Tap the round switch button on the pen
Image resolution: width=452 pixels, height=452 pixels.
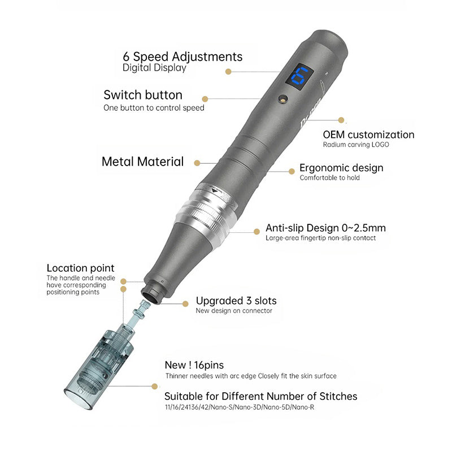(x=283, y=99)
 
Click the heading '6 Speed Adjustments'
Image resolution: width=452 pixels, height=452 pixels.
(x=182, y=57)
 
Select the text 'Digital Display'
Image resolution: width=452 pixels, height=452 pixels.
(x=154, y=68)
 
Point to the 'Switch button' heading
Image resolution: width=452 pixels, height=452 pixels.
(x=143, y=95)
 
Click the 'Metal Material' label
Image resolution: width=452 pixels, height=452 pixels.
(x=143, y=162)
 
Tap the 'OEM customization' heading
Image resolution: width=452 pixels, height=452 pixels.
(x=369, y=134)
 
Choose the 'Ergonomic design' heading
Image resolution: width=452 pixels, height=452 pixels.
(x=341, y=168)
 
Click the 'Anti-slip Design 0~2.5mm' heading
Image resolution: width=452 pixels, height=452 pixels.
(x=326, y=228)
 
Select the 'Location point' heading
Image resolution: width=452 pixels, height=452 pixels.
(x=80, y=268)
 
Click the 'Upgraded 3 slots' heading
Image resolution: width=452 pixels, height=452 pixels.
(x=236, y=301)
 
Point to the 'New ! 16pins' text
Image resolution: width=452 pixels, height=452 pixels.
(x=194, y=365)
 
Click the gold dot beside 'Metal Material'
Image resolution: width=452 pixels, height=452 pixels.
(x=197, y=163)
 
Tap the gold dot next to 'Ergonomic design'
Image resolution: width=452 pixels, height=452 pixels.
(x=292, y=172)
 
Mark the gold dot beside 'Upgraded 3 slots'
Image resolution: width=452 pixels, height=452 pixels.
(x=185, y=303)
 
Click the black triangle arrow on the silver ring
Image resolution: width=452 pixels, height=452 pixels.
(x=214, y=190)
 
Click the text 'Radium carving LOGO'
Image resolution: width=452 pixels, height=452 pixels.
(x=356, y=145)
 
